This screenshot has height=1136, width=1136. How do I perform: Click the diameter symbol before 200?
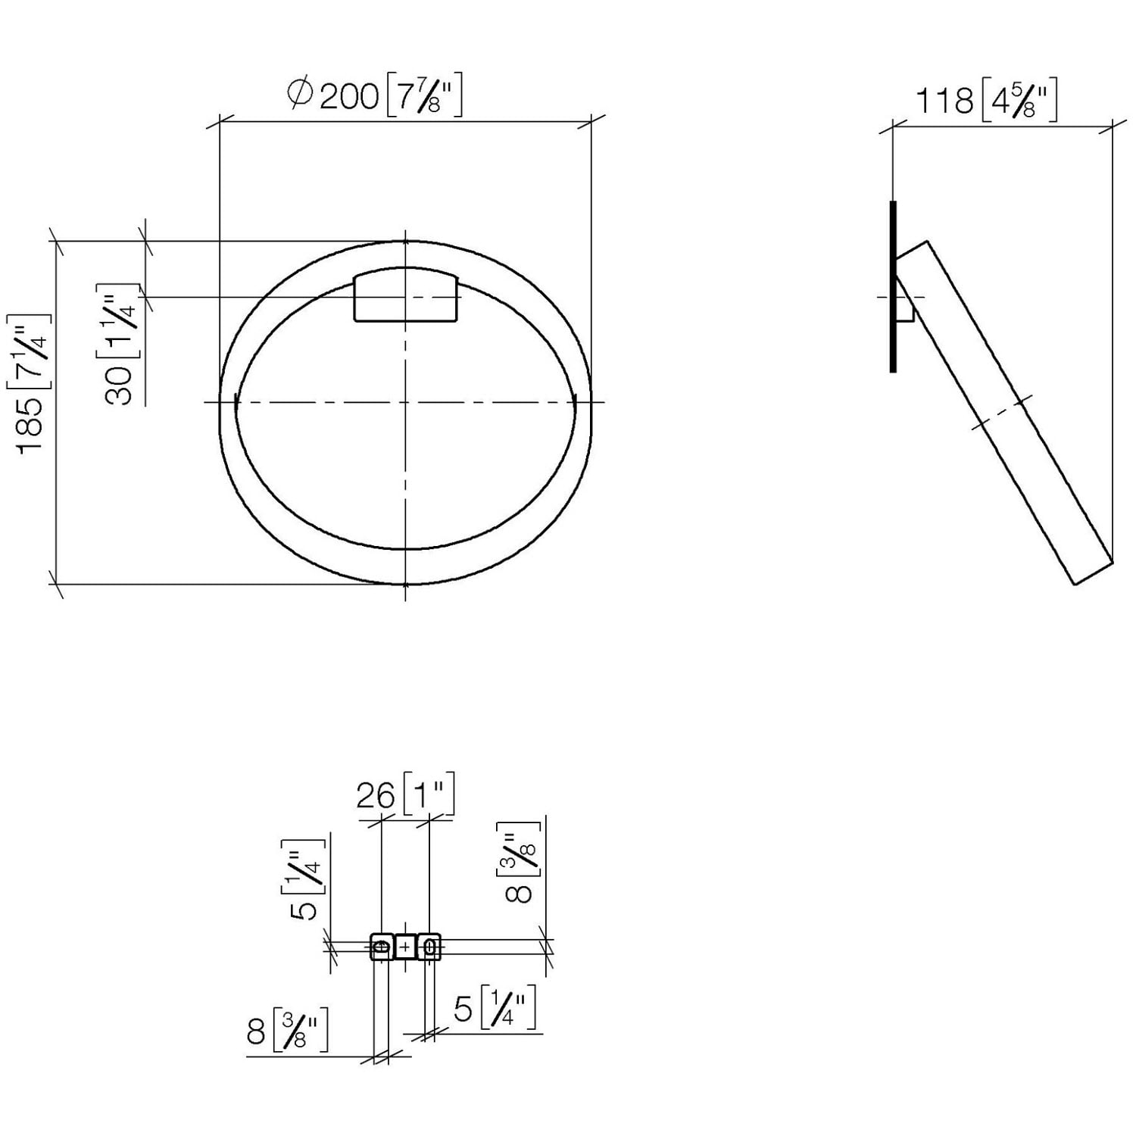pyautogui.click(x=300, y=94)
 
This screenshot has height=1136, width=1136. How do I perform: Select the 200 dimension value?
pyautogui.click(x=349, y=96)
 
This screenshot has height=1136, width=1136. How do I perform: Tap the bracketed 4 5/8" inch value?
pyautogui.click(x=1019, y=102)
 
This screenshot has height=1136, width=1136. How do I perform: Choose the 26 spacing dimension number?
pyautogui.click(x=376, y=796)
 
